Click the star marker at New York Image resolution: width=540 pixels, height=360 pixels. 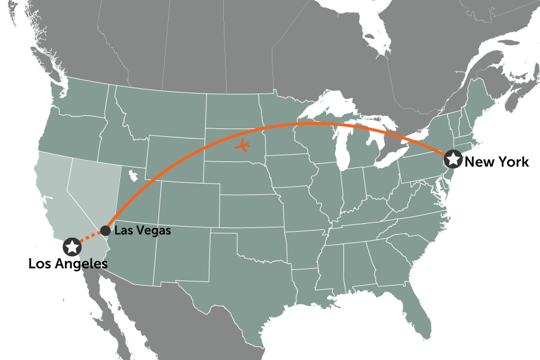(x=452, y=159)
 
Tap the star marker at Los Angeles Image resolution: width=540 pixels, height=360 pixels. (x=72, y=246)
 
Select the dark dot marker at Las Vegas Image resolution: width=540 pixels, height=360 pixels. (x=105, y=230)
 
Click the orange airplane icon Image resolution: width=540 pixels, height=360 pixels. (x=243, y=145)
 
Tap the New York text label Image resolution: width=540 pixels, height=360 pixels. (x=497, y=161)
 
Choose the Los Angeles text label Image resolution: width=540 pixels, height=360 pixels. (x=68, y=263)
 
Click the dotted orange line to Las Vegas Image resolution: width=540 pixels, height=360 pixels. (x=90, y=237)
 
